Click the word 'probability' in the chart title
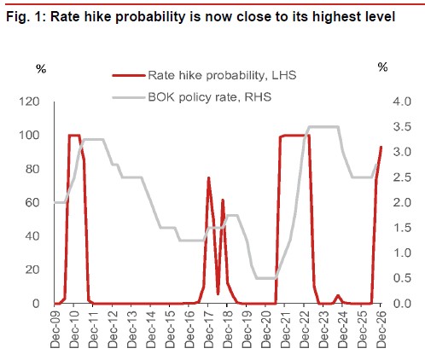(x=150, y=17)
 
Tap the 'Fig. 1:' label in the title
(x=26, y=17)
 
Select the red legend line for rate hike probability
(x=129, y=76)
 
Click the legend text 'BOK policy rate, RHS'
(x=210, y=97)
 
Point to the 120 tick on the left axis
(x=30, y=102)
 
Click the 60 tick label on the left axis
(x=32, y=202)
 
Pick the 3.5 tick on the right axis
(x=402, y=126)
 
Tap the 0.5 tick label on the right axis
(x=402, y=278)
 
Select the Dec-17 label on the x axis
(x=209, y=329)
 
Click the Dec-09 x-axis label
(x=55, y=329)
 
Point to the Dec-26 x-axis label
(x=381, y=329)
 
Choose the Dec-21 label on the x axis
(x=285, y=329)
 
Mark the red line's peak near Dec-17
(x=208, y=177)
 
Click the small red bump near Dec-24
(x=338, y=295)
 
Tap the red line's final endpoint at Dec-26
(x=381, y=147)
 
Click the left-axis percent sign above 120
(x=41, y=68)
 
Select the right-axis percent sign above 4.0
(x=382, y=67)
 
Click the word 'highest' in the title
(x=336, y=17)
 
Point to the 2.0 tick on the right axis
(x=402, y=202)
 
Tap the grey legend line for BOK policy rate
(x=129, y=98)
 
